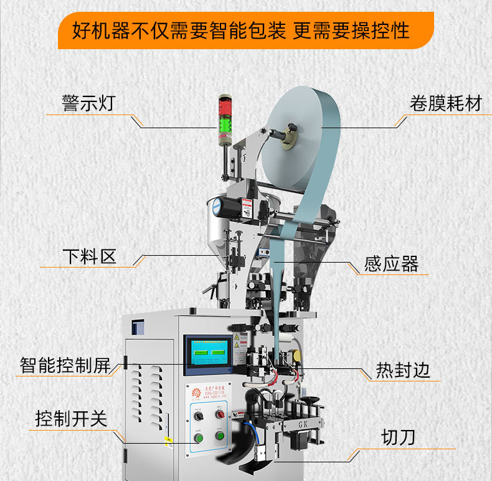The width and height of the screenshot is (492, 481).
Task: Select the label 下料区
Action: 89,256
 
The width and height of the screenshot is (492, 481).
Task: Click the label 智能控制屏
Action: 65,365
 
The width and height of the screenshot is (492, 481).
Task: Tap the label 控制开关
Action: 71,419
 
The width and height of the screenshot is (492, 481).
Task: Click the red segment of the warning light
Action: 224,103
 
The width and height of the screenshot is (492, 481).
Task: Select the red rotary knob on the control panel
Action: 219,414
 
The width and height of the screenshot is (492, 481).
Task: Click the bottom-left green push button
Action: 199,439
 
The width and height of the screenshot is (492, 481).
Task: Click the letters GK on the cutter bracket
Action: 301,424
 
